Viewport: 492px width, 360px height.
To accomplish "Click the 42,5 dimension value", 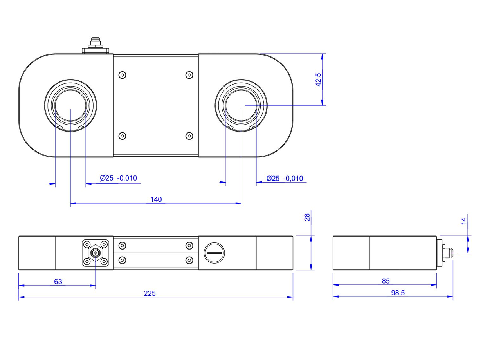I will [318, 80].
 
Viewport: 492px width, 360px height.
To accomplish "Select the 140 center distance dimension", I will [156, 199].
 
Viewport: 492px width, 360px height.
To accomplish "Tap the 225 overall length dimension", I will [150, 293].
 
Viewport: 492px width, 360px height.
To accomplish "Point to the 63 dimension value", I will [58, 282].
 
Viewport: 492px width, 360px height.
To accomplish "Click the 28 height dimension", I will [308, 217].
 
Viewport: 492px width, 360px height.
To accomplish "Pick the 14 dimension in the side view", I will [464, 221].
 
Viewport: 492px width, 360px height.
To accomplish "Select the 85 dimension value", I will [386, 281].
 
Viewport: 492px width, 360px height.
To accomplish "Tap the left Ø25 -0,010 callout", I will [118, 178].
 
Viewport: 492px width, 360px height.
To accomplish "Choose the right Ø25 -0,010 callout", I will [285, 178].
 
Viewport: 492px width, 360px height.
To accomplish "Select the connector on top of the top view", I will [95, 45].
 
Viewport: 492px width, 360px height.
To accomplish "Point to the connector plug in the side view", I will [445, 253].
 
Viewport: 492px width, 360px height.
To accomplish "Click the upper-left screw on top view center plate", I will [123, 75].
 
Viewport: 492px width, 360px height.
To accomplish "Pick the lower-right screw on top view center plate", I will [189, 136].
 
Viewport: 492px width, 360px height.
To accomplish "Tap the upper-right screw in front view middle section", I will [189, 246].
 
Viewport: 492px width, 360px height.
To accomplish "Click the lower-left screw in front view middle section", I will [123, 260].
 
